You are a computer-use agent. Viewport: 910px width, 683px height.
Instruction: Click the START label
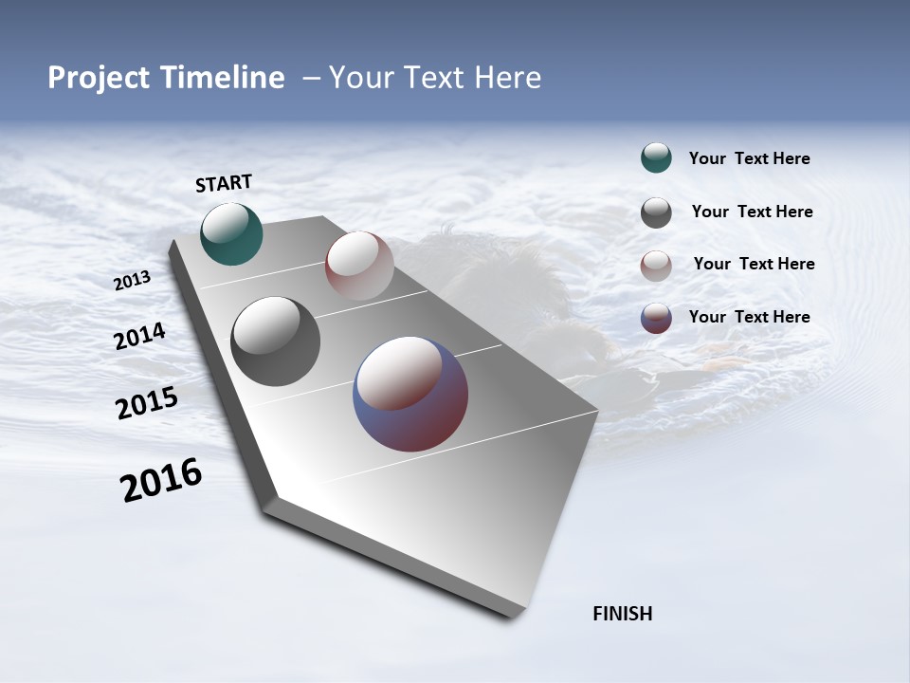point(224,183)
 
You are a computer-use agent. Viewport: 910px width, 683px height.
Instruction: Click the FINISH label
point(622,614)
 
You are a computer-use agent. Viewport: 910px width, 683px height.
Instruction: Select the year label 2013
point(132,281)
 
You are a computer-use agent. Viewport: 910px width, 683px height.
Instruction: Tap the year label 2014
point(139,337)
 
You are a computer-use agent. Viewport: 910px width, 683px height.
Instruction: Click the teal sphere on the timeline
point(231,233)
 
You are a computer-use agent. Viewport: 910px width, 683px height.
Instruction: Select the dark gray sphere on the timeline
point(275,341)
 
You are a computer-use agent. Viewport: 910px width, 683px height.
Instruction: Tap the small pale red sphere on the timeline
point(359,266)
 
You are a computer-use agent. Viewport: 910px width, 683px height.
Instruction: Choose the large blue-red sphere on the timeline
point(410,394)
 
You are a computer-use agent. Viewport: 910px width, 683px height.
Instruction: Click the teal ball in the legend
point(656,157)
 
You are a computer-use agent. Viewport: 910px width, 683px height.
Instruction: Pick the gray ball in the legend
point(656,212)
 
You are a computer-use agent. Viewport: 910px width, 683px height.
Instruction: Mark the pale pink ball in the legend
point(656,266)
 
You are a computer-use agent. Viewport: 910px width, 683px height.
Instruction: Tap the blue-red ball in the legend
point(656,318)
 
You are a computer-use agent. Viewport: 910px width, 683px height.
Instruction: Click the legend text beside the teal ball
point(749,158)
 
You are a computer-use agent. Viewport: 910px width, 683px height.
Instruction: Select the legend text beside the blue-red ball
point(749,317)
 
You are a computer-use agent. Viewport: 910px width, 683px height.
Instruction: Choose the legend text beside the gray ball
point(752,212)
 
